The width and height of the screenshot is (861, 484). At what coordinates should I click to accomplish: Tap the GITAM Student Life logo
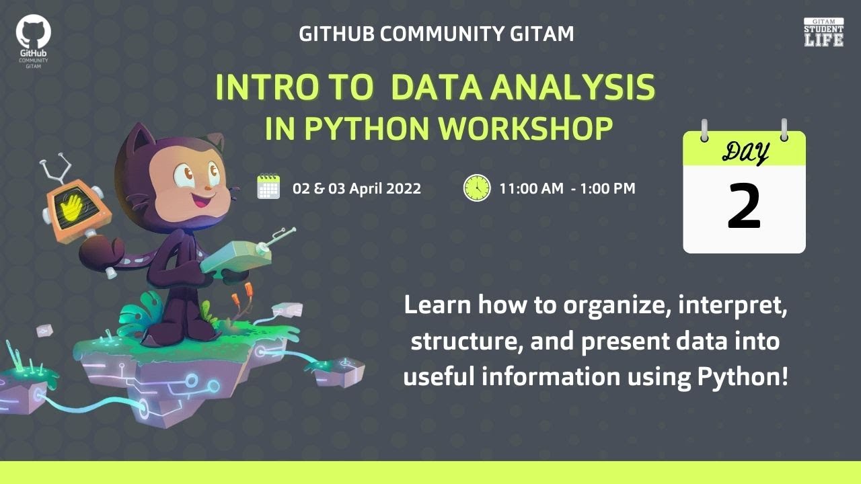tap(823, 32)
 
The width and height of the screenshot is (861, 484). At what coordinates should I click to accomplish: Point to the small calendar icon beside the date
tap(268, 188)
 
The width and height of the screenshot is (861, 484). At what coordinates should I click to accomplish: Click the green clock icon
tap(476, 188)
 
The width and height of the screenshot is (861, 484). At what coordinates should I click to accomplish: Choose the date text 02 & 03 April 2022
tap(357, 188)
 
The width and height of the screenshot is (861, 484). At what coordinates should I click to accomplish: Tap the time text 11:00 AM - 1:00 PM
tap(567, 188)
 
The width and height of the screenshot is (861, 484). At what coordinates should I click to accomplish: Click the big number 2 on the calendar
tap(744, 206)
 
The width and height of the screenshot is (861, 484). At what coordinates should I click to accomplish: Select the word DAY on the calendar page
tap(745, 151)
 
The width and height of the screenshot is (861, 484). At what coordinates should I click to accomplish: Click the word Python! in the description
tap(739, 377)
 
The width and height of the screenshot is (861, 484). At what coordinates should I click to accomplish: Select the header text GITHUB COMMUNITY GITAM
tap(437, 34)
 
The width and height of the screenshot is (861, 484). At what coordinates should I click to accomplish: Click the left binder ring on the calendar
tap(704, 130)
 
